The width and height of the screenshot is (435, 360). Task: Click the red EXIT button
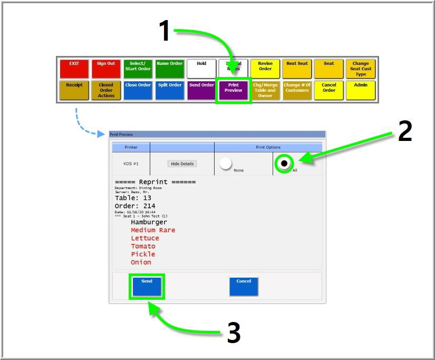74,69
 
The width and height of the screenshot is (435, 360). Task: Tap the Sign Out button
106,69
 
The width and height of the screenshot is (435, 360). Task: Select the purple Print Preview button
234,90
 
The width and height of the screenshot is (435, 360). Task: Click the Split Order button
170,90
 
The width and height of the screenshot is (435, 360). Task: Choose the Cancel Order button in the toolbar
329,90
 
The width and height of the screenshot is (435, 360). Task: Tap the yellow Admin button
361,90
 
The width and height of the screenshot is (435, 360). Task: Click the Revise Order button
265,69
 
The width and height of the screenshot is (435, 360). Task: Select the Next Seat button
297,69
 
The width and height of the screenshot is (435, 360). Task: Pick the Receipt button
74,90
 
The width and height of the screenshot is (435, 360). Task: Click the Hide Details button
182,164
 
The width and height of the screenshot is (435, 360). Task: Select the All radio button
284,164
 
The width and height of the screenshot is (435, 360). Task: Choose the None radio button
226,164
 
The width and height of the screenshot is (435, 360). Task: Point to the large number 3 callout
234,333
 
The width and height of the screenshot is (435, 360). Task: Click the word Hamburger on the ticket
149,222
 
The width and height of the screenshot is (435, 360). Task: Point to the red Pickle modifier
143,254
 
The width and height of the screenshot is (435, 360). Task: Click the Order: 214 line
135,206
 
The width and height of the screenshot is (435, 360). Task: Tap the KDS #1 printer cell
131,164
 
